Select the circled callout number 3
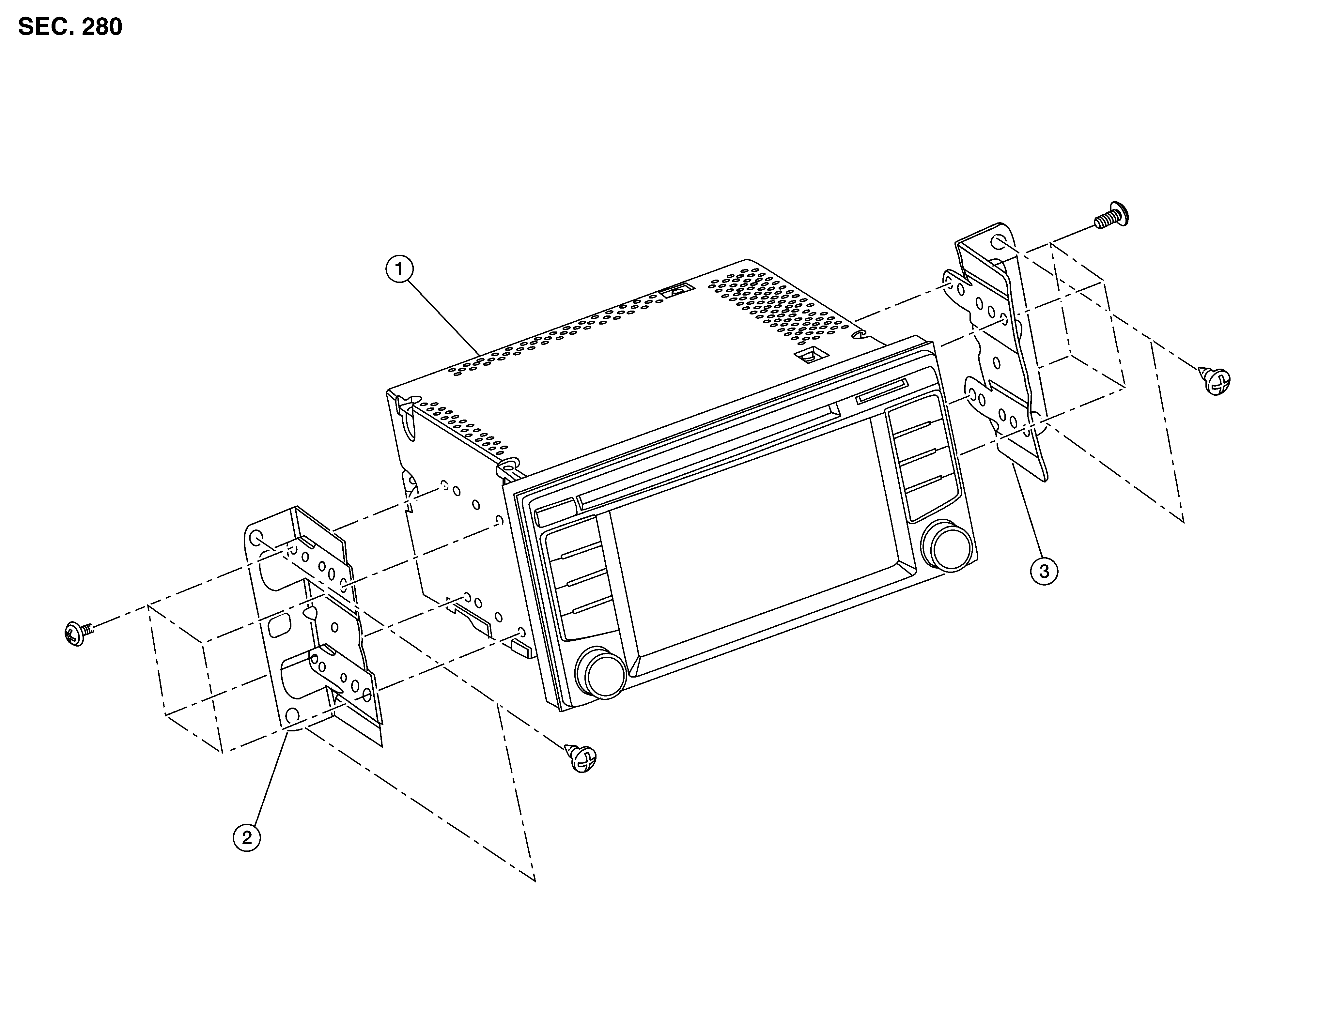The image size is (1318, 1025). (1044, 570)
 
